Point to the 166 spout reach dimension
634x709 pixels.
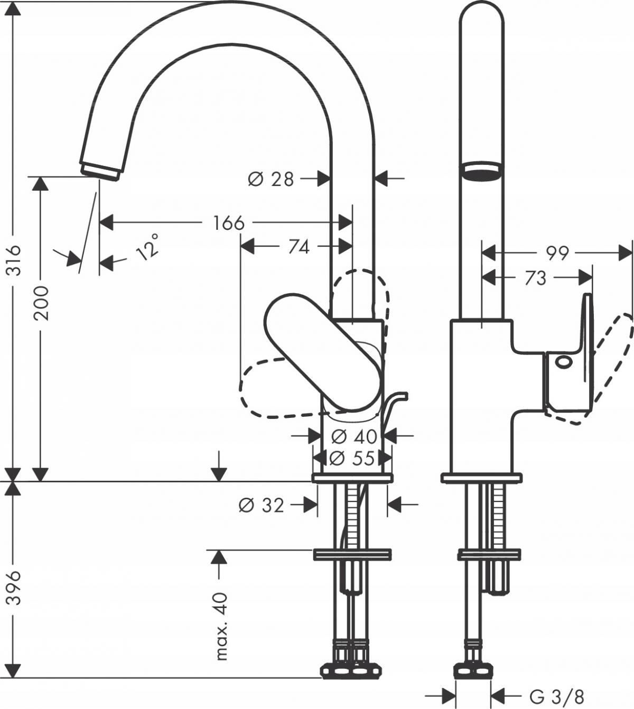pos(229,223)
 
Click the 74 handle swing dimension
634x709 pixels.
pos(299,246)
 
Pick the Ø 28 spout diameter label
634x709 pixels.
pos(271,180)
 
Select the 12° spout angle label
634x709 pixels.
pos(147,246)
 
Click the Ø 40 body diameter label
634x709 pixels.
pos(354,436)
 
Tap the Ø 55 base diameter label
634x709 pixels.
pos(353,458)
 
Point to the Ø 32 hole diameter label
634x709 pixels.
pos(262,506)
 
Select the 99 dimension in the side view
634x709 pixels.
pos(557,254)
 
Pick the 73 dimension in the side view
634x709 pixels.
pos(535,278)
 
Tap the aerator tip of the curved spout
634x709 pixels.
pos(100,170)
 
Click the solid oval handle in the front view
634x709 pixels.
pos(323,353)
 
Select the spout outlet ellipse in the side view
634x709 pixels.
pos(480,172)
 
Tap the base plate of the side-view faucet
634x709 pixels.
pos(481,478)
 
